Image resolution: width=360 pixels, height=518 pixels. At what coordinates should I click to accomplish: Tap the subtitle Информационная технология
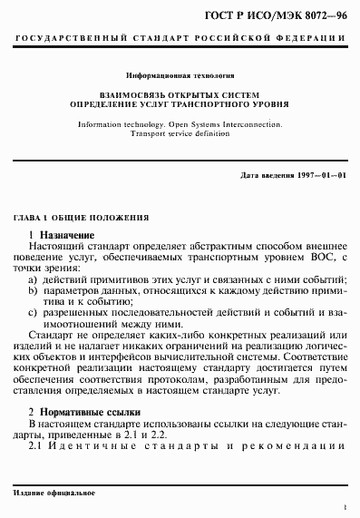click(x=180, y=80)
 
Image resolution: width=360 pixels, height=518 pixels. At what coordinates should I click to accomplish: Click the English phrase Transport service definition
click(x=180, y=132)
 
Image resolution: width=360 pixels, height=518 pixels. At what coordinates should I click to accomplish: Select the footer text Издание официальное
click(x=45, y=491)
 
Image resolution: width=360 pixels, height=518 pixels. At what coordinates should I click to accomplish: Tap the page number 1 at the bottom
click(x=345, y=511)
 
